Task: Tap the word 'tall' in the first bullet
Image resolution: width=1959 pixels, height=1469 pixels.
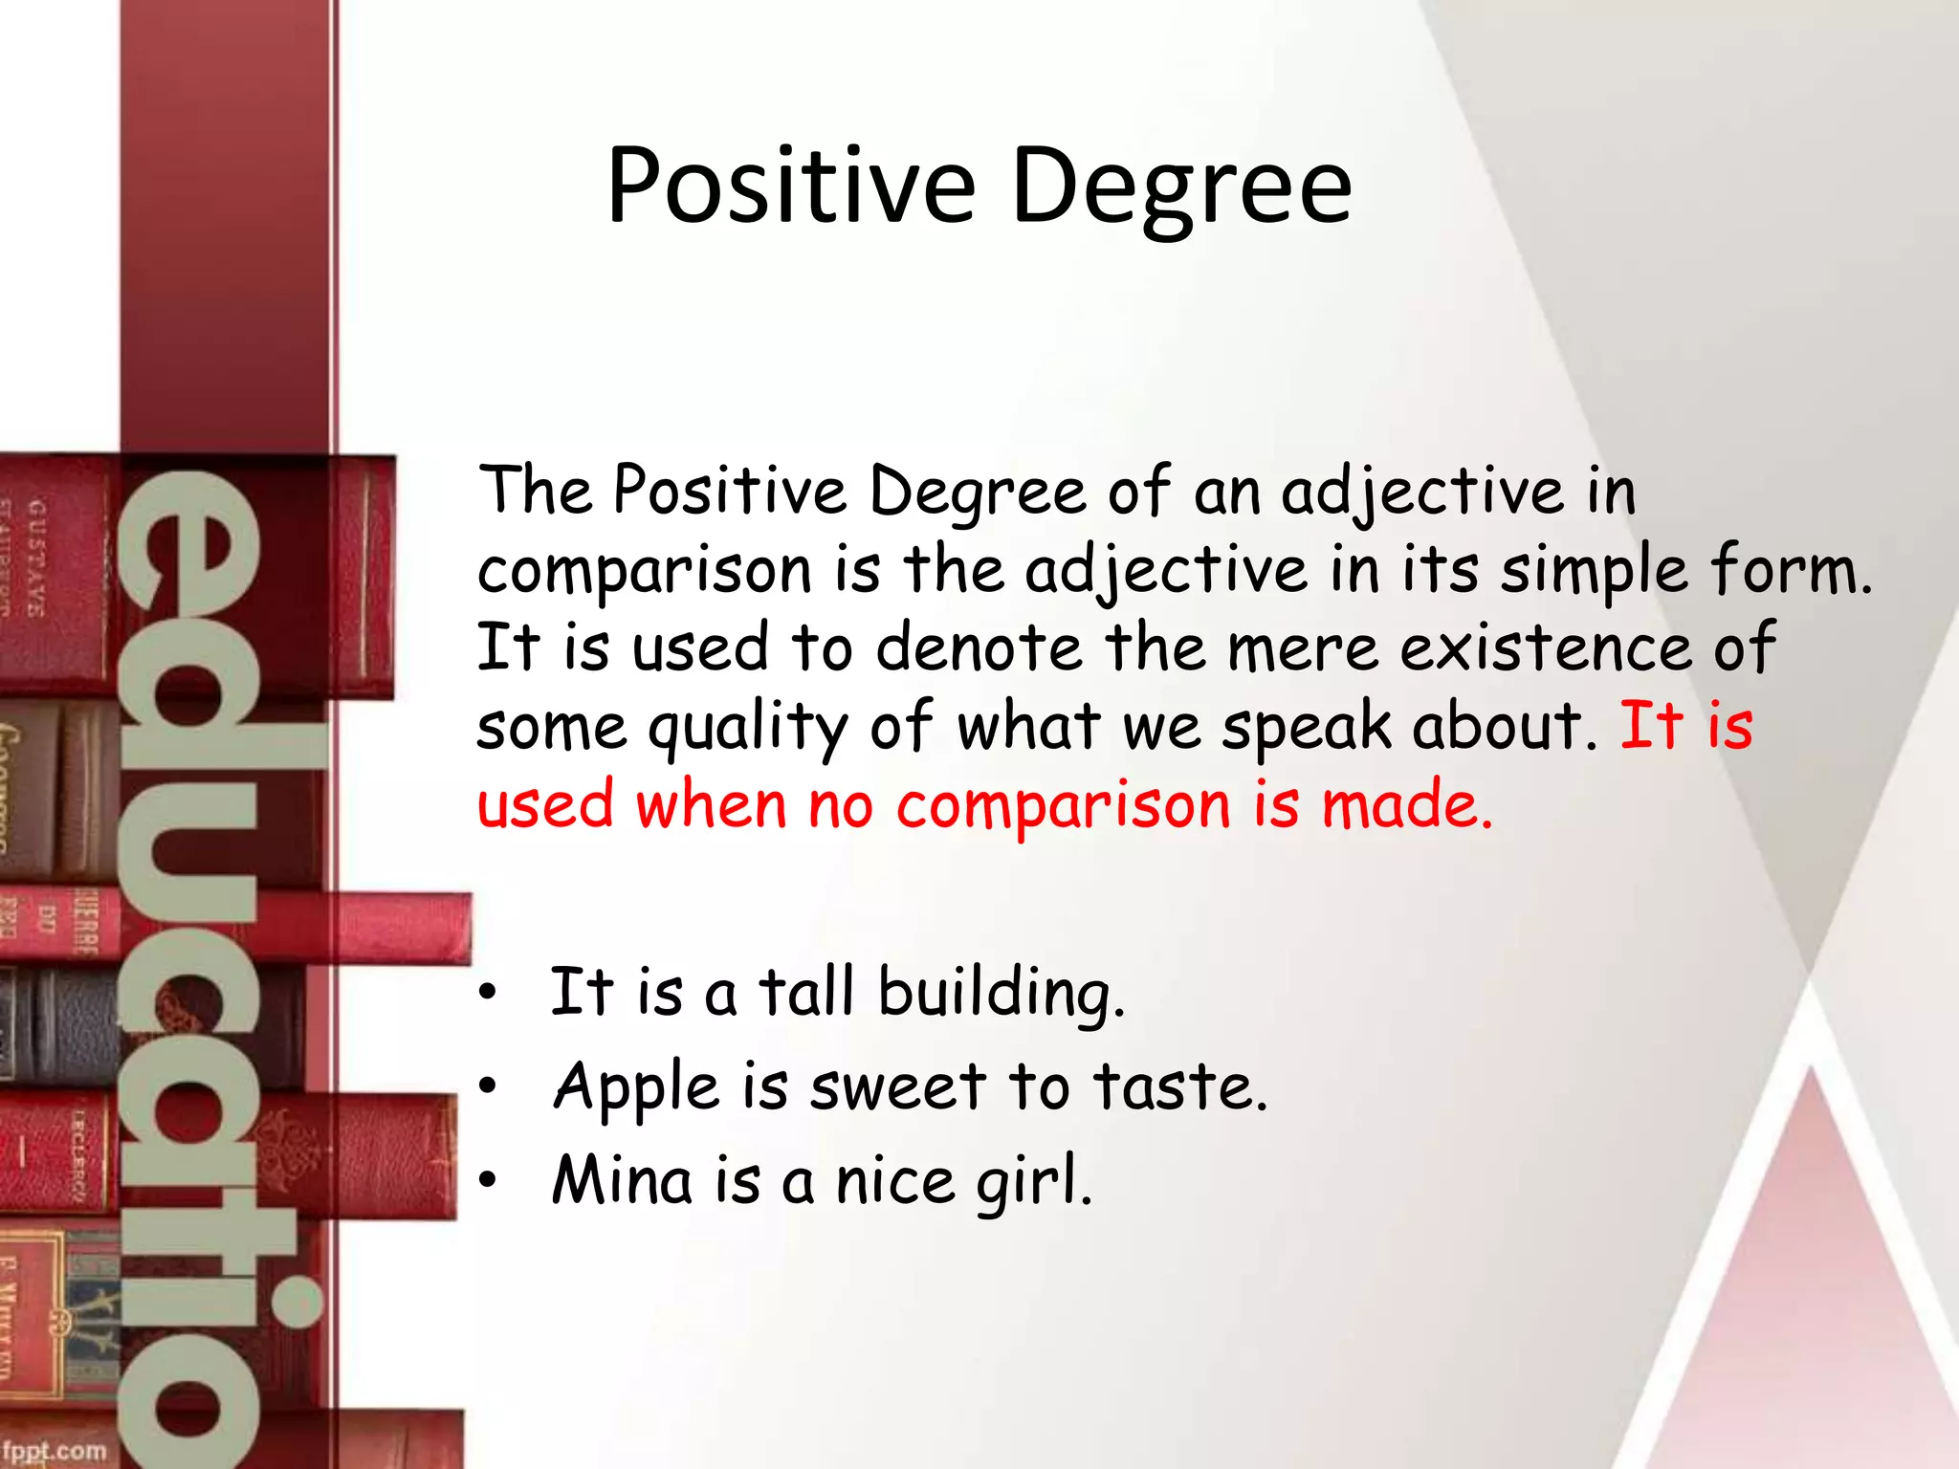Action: (x=805, y=992)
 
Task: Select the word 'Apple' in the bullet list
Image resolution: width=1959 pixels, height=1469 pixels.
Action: (x=635, y=1088)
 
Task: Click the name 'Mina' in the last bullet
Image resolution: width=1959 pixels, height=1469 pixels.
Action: (x=622, y=1180)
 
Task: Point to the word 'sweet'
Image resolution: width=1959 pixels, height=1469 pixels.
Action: (x=897, y=1087)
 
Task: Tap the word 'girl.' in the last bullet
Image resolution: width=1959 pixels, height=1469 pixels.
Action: (x=1033, y=1182)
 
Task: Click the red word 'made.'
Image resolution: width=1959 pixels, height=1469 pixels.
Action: (x=1406, y=805)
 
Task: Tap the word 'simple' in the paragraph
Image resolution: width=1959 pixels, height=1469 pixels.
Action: (x=1593, y=572)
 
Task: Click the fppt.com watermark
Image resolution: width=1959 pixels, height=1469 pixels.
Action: (x=55, y=1450)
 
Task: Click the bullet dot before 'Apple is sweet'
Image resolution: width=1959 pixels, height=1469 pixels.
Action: (x=488, y=1086)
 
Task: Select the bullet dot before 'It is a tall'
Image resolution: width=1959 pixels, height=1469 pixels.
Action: (x=488, y=994)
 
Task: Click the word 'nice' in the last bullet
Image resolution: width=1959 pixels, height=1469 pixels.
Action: (x=895, y=1181)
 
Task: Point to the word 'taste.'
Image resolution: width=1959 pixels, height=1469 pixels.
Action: (x=1180, y=1087)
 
